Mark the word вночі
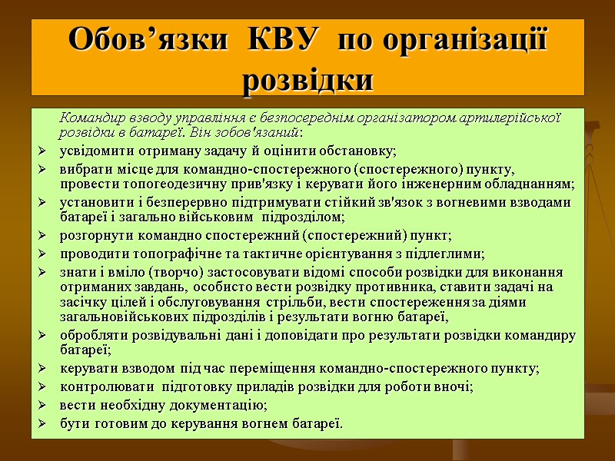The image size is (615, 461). [x=453, y=386]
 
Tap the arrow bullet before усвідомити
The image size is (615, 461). [x=42, y=149]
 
